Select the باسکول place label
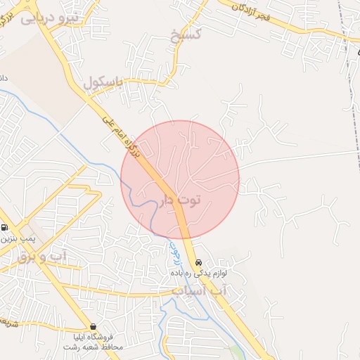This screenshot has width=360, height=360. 103,83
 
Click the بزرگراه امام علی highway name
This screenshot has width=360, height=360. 120,134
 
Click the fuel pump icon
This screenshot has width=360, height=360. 5,227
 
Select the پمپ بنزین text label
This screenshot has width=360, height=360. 13,240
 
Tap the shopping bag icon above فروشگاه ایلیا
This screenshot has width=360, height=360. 93,327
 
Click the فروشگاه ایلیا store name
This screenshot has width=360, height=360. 93,337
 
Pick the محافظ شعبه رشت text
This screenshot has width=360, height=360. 93,347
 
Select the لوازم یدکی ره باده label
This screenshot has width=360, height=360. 203,273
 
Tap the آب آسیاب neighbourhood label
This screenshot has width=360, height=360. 200,290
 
